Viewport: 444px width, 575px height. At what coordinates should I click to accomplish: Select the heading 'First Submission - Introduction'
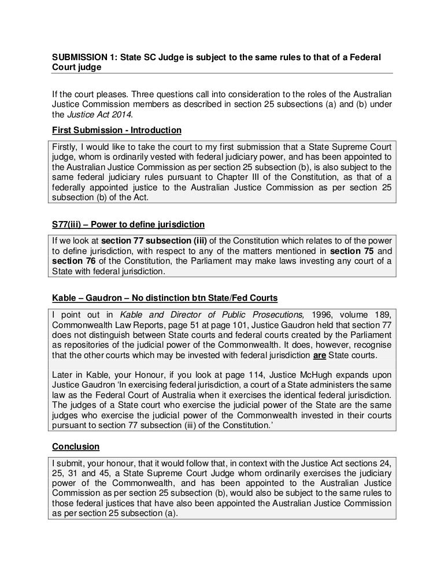coord(116,130)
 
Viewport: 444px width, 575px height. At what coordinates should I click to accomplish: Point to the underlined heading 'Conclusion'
coord(76,447)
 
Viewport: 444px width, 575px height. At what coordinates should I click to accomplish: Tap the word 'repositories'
coord(80,344)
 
